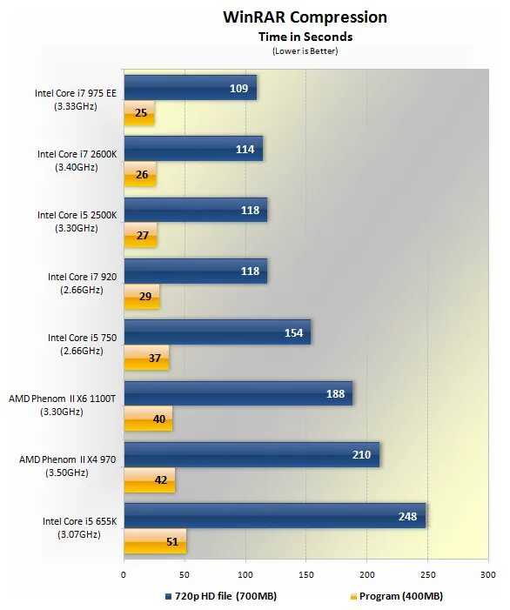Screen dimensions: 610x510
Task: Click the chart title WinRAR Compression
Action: click(305, 17)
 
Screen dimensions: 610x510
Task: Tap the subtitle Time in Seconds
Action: click(305, 37)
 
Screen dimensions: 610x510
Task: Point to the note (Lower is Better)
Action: click(305, 50)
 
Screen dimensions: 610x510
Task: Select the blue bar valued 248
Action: click(274, 515)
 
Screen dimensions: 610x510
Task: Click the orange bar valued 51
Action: click(155, 542)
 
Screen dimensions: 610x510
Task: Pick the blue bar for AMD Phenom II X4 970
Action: click(251, 454)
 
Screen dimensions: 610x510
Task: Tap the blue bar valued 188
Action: click(238, 393)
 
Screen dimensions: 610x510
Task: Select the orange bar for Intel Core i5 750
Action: click(146, 358)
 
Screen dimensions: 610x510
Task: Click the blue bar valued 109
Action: click(190, 88)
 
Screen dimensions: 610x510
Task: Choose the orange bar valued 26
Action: click(139, 175)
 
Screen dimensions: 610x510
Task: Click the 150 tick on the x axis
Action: click(305, 574)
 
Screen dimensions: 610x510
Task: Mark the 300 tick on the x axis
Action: click(487, 574)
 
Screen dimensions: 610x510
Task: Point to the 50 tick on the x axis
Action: click(185, 574)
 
